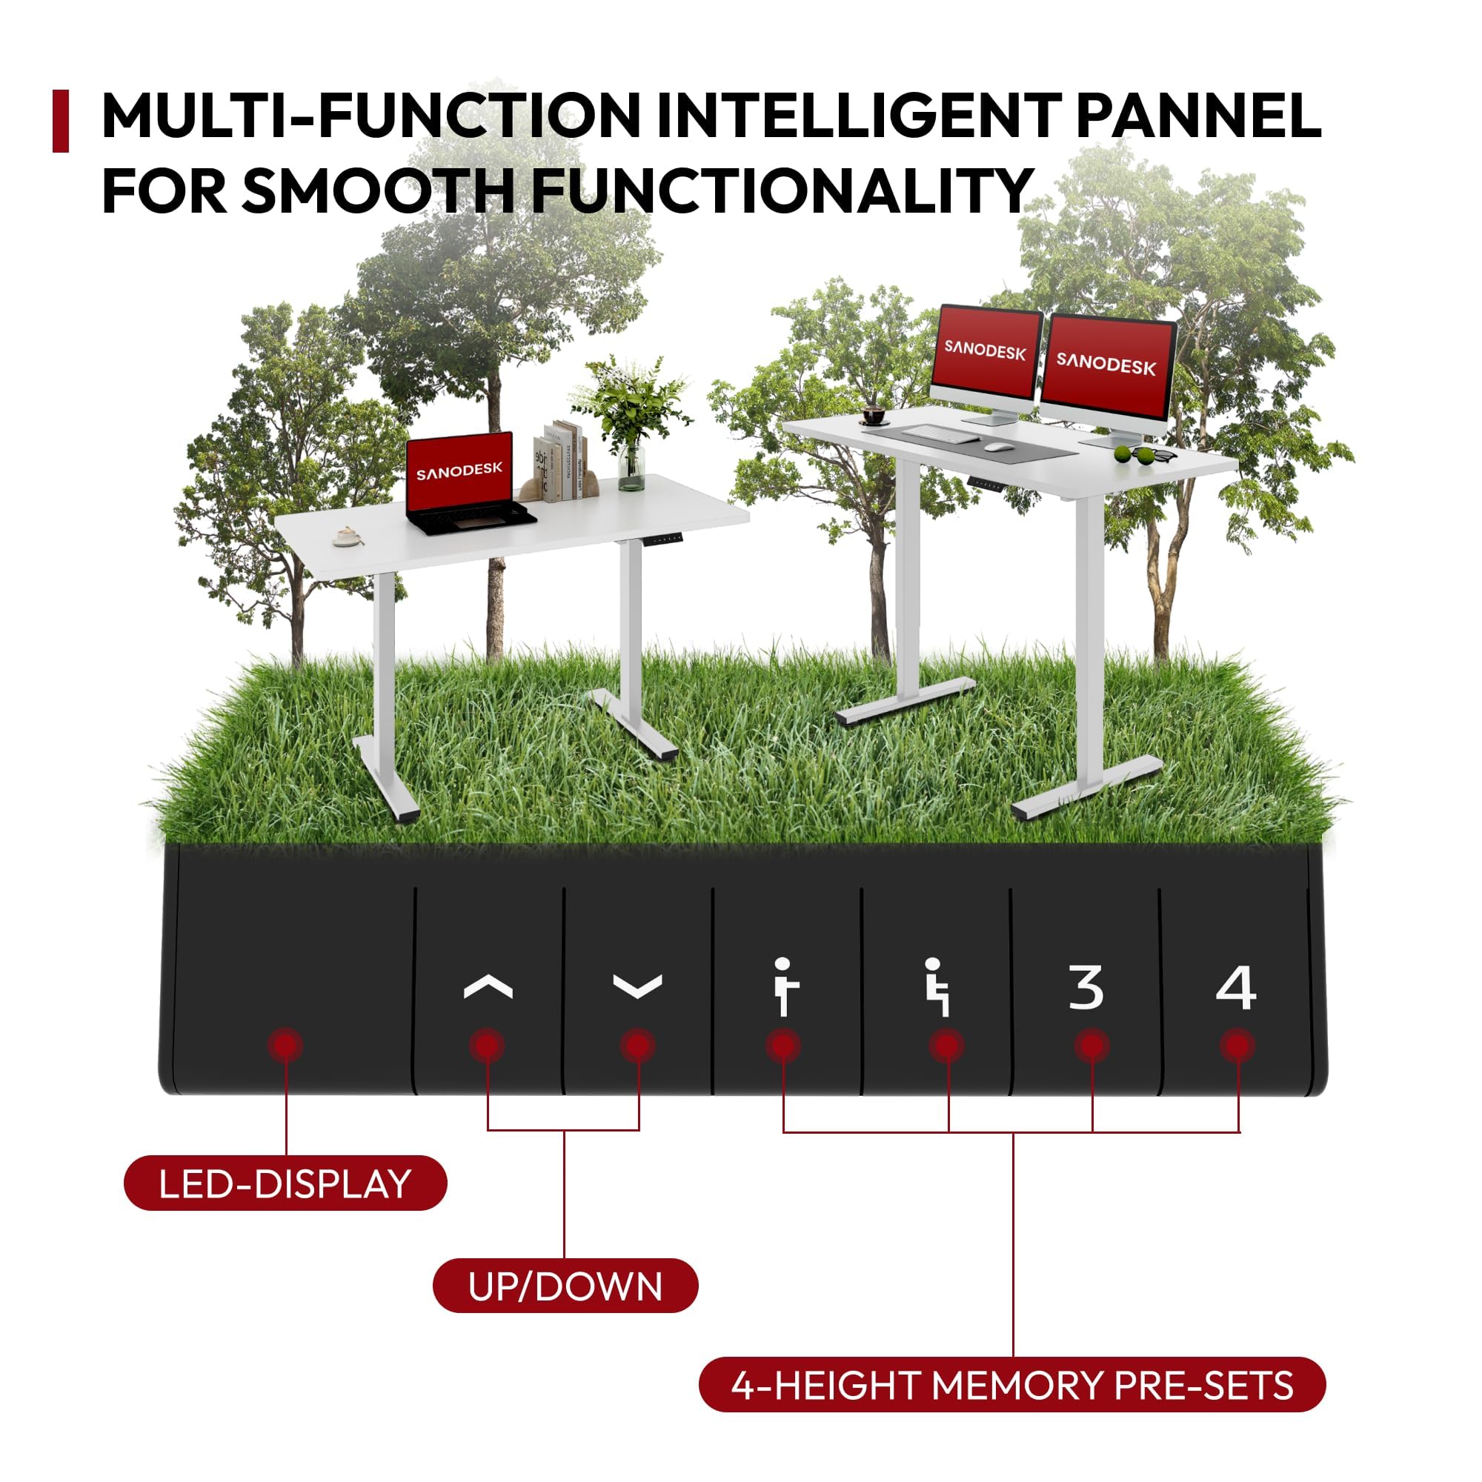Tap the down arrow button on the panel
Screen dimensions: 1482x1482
(x=637, y=986)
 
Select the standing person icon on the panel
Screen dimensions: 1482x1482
(x=784, y=986)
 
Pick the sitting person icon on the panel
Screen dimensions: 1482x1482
(x=936, y=986)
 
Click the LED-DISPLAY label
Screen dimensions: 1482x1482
(x=285, y=1183)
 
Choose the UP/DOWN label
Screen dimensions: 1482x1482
(x=565, y=1286)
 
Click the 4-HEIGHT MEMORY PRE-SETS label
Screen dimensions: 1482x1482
(x=1012, y=1385)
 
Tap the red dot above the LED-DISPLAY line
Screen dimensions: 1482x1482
(x=285, y=1045)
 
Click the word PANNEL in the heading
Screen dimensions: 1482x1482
(x=1198, y=116)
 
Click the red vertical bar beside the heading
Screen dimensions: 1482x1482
(x=61, y=121)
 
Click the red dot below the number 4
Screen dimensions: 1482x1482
(x=1237, y=1045)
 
